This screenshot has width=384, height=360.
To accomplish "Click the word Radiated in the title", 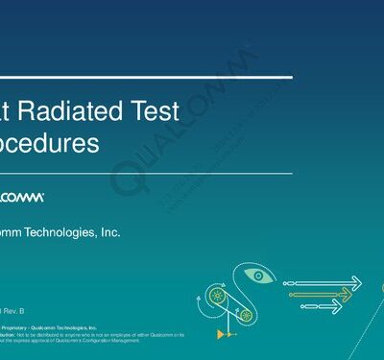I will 66,111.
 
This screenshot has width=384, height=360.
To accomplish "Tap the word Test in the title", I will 151,111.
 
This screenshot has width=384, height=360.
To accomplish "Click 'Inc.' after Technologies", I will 108,232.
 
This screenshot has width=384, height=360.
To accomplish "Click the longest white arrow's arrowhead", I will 355,282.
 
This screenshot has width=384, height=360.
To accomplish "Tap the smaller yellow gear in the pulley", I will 246,314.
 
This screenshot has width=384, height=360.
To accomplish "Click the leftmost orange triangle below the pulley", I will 221,333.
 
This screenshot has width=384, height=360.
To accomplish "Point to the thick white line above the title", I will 144,76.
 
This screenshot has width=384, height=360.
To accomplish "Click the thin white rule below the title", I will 144,174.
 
